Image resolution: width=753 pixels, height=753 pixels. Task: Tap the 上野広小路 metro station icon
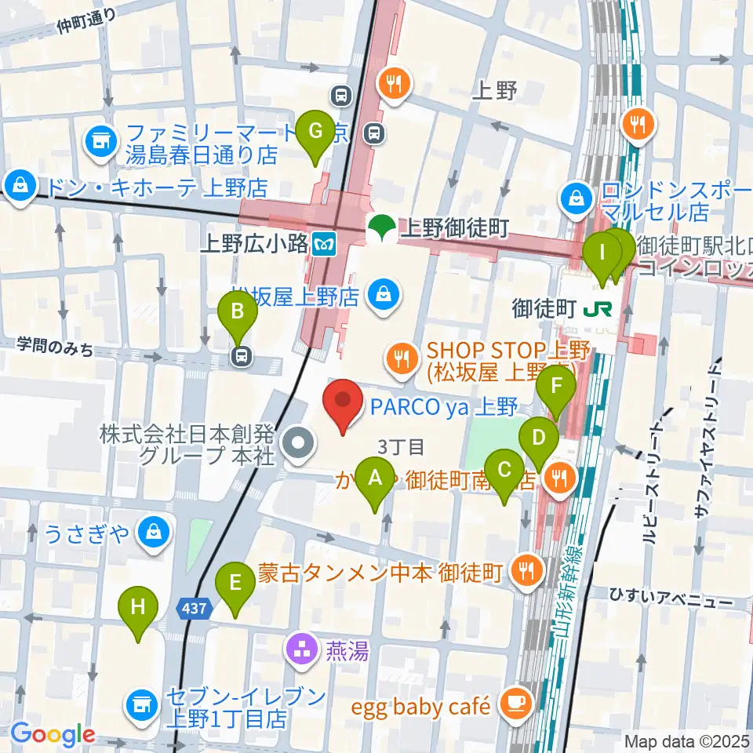click(x=322, y=243)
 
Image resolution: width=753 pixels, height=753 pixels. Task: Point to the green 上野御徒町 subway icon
click(x=382, y=228)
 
